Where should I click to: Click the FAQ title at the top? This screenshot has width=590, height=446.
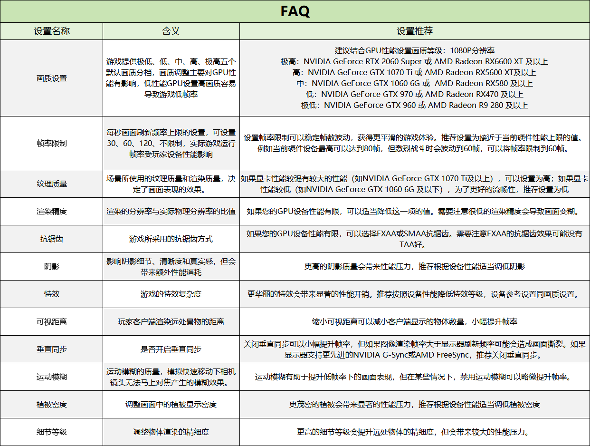tap(295, 11)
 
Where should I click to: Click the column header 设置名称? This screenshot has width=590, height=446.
tap(52, 31)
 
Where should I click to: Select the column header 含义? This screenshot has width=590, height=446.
tap(171, 31)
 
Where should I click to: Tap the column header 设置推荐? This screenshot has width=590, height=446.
tap(415, 31)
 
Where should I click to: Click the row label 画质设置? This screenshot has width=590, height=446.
tap(52, 78)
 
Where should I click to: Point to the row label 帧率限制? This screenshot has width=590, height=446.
tap(52, 143)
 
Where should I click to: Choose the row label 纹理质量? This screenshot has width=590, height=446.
tap(52, 184)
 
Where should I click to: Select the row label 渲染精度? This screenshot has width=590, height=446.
tap(52, 211)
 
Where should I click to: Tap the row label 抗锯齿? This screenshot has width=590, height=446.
tap(52, 239)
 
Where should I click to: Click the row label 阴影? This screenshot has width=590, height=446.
tap(52, 266)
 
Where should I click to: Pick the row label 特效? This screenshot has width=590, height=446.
tap(52, 294)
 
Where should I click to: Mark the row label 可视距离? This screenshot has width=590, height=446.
tap(52, 321)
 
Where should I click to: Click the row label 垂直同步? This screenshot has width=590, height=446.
tap(52, 349)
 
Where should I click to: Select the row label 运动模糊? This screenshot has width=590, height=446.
tap(52, 377)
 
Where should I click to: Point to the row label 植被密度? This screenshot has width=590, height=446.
tap(52, 404)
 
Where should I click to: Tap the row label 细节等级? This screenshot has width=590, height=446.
tap(52, 432)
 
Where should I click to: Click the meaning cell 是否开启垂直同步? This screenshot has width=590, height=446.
tap(171, 349)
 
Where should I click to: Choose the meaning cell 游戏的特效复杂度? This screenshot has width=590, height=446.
tap(171, 294)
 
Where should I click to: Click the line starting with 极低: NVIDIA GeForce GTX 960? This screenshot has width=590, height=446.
tap(415, 105)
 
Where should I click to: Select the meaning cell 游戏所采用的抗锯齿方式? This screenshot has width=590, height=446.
tap(171, 239)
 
